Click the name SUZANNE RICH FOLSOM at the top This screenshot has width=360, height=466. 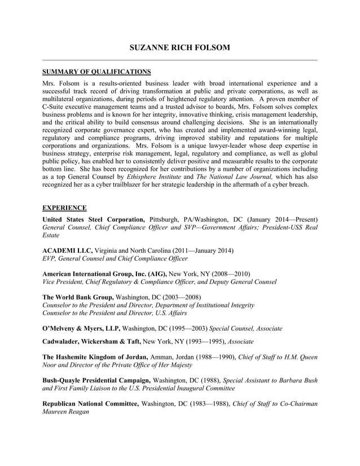click(179, 48)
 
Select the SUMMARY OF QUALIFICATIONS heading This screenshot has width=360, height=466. click(96, 72)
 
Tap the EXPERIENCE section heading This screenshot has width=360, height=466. click(65, 208)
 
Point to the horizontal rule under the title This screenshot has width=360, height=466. click(179, 60)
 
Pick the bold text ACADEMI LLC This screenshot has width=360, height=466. click(68, 249)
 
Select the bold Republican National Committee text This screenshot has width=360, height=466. click(91, 404)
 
